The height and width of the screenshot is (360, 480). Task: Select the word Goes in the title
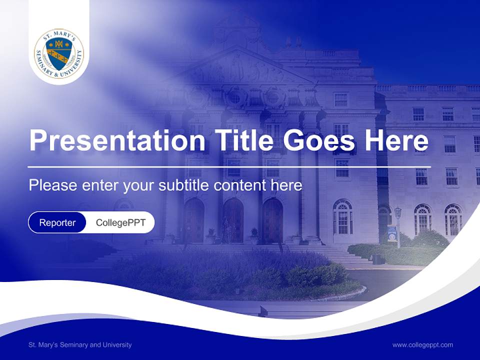320,140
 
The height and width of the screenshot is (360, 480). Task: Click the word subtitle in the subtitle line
184,185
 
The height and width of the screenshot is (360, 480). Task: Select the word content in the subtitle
240,185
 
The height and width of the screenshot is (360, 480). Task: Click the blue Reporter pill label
57,222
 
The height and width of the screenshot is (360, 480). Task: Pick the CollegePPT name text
120,222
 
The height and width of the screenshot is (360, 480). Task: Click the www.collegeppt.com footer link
422,344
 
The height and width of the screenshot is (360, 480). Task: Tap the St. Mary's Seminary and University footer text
80,344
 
